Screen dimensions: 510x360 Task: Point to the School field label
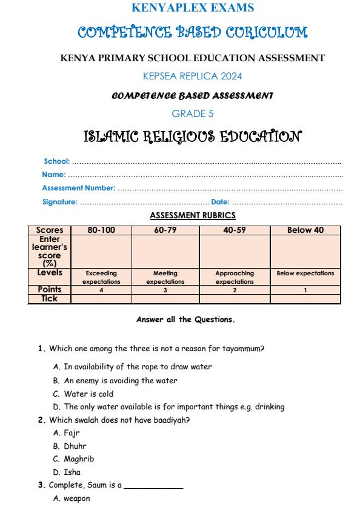(57, 161)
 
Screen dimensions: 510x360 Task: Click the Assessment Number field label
(78, 188)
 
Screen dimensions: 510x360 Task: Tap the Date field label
(220, 201)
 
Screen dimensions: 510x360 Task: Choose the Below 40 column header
(305, 230)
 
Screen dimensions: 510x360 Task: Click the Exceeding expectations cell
(101, 277)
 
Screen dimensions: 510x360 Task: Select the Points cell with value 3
(165, 290)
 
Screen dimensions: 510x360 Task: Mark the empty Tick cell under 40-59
(235, 298)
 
